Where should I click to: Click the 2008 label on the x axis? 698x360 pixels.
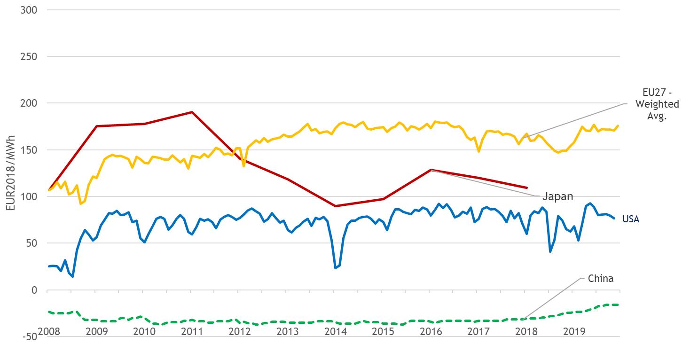click(x=49, y=331)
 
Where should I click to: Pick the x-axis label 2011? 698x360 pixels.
click(x=192, y=331)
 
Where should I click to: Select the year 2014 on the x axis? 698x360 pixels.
click(x=335, y=331)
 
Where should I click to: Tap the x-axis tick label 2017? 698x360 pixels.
click(x=478, y=331)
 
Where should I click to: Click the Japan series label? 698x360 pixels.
click(x=558, y=196)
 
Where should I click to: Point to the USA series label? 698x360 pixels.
click(x=630, y=219)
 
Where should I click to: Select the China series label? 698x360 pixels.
click(x=600, y=279)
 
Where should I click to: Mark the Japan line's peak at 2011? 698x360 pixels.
click(x=192, y=112)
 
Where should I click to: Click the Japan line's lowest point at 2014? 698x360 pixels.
click(x=335, y=206)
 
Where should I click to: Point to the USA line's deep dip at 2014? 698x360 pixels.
click(x=336, y=268)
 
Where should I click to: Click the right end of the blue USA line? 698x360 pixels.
click(x=614, y=218)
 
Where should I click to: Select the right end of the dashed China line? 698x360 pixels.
click(x=618, y=305)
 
